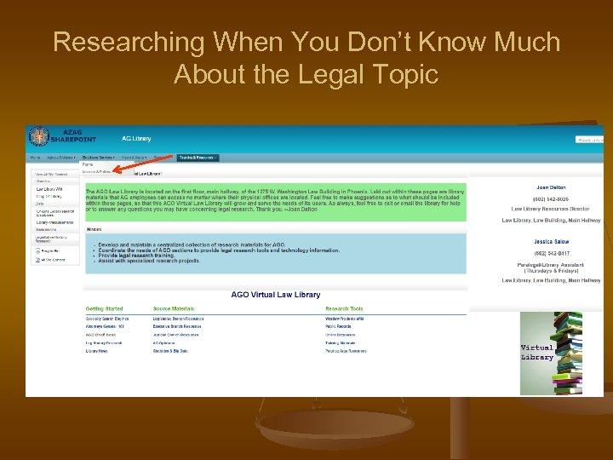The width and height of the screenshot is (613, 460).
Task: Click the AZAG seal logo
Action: [x=38, y=136]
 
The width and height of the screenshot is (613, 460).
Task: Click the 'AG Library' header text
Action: [x=137, y=138]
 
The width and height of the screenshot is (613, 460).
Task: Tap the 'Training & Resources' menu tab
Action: [x=198, y=158]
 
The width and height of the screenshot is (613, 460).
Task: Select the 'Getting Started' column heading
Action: [x=104, y=308]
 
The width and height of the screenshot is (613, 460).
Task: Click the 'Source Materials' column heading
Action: [x=174, y=308]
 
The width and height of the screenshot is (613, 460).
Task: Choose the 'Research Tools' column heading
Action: [x=344, y=308]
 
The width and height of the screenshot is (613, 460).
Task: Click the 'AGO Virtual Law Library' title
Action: [x=276, y=295]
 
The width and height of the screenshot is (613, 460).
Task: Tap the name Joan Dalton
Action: [x=551, y=187]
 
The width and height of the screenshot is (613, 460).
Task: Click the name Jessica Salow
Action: [x=551, y=242]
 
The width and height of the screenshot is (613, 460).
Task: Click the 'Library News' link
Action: [x=96, y=351]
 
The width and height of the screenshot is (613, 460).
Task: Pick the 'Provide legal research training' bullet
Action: [x=146, y=256]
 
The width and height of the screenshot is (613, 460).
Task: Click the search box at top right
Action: [x=589, y=139]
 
